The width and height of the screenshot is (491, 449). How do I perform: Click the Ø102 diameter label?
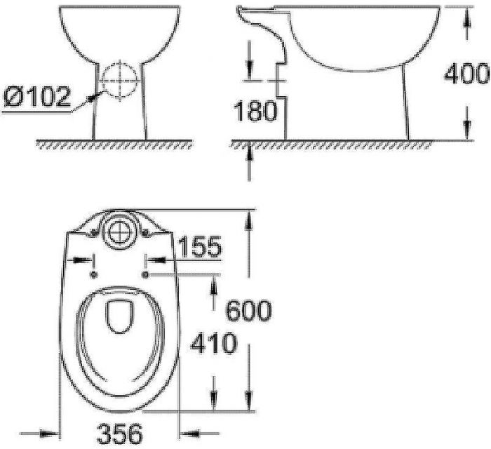36,96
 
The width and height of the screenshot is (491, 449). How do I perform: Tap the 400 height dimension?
466,72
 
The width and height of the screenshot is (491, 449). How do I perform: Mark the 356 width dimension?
120,431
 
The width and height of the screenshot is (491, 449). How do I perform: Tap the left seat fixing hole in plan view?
95,273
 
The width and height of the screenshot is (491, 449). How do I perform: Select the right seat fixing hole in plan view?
145,273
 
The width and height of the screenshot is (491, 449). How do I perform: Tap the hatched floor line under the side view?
330,144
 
